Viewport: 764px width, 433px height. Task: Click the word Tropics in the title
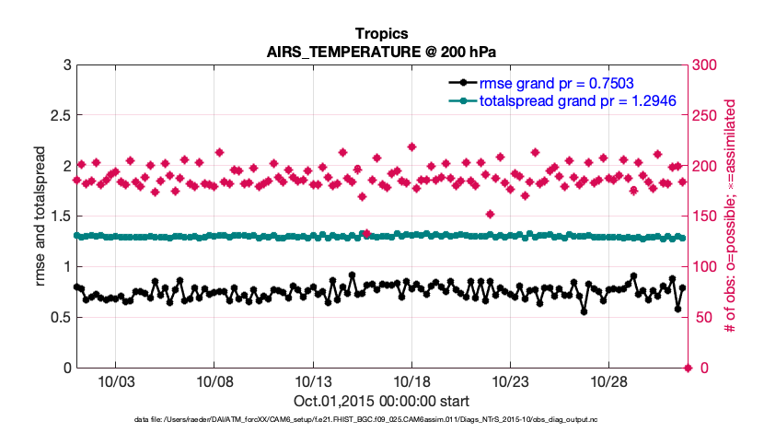[381, 34]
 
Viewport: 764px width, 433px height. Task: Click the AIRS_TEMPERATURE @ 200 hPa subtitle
[381, 52]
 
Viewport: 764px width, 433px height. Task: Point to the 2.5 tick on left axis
[58, 115]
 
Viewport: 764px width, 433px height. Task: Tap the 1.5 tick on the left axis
[58, 216]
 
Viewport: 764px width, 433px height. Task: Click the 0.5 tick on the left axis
[58, 318]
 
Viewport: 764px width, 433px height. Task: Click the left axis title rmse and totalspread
[41, 216]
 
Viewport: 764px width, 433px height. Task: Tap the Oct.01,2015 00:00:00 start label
[381, 401]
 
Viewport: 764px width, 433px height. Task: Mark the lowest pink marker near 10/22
[491, 215]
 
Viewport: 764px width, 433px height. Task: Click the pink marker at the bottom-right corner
[687, 368]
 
